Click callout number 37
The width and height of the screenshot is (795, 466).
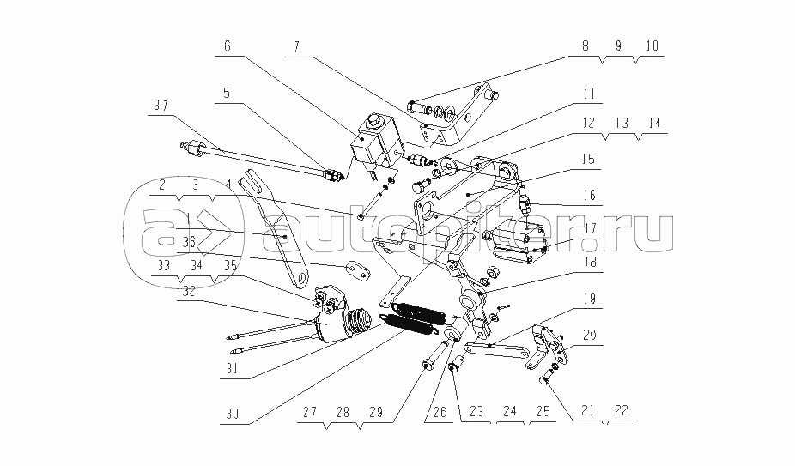(x=162, y=106)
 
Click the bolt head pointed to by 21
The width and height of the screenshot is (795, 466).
(x=545, y=376)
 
